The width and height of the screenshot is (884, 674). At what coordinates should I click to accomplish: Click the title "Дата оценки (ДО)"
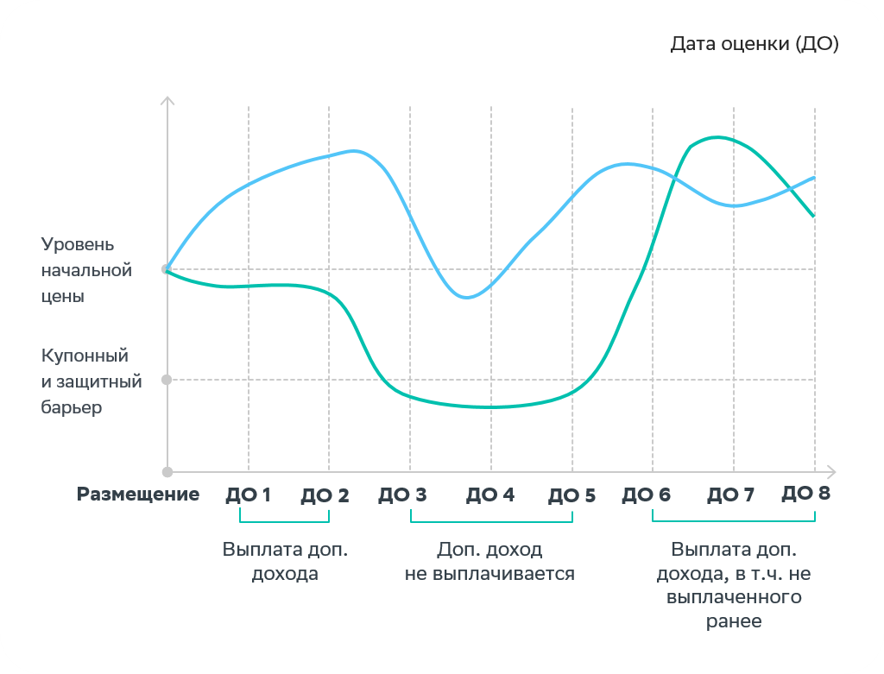coord(755,44)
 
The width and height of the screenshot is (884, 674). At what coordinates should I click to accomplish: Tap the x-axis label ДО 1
coord(248,495)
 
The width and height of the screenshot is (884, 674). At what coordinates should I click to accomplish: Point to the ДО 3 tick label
coord(402,495)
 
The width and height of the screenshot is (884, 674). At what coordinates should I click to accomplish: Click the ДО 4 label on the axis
coord(490,495)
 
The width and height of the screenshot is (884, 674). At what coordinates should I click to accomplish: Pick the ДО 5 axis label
coord(571,495)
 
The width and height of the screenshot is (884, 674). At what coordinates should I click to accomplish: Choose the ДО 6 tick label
coord(647,495)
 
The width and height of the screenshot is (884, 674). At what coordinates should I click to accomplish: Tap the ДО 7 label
coord(730,495)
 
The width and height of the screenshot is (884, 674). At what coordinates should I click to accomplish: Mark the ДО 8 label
coord(806,494)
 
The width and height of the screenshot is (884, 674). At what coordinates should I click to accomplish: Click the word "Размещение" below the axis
coord(138,494)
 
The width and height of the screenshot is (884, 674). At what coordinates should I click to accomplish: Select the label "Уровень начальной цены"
coord(86,270)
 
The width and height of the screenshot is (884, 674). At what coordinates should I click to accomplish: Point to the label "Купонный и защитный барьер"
coord(85,381)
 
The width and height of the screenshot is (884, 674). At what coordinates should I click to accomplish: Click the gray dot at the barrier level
coord(167,380)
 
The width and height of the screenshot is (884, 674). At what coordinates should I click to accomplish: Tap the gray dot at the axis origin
coord(167,472)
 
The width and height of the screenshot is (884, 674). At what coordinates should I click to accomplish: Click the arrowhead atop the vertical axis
coord(167,102)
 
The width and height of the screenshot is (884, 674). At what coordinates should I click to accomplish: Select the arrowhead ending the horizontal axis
coord(832,472)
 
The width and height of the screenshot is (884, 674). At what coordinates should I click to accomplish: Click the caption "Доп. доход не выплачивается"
coord(489,562)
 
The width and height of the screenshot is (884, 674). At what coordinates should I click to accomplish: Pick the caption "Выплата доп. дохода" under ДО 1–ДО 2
coord(285,562)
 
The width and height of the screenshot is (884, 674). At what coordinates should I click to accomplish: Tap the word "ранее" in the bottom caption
coord(733,620)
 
